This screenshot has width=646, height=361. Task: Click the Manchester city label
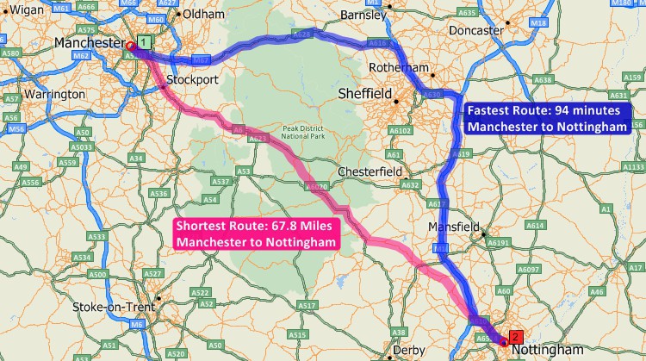(89, 42)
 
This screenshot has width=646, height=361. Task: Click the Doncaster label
(475, 30)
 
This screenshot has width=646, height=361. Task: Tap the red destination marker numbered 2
(515, 335)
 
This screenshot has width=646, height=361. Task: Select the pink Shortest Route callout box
(255, 234)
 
